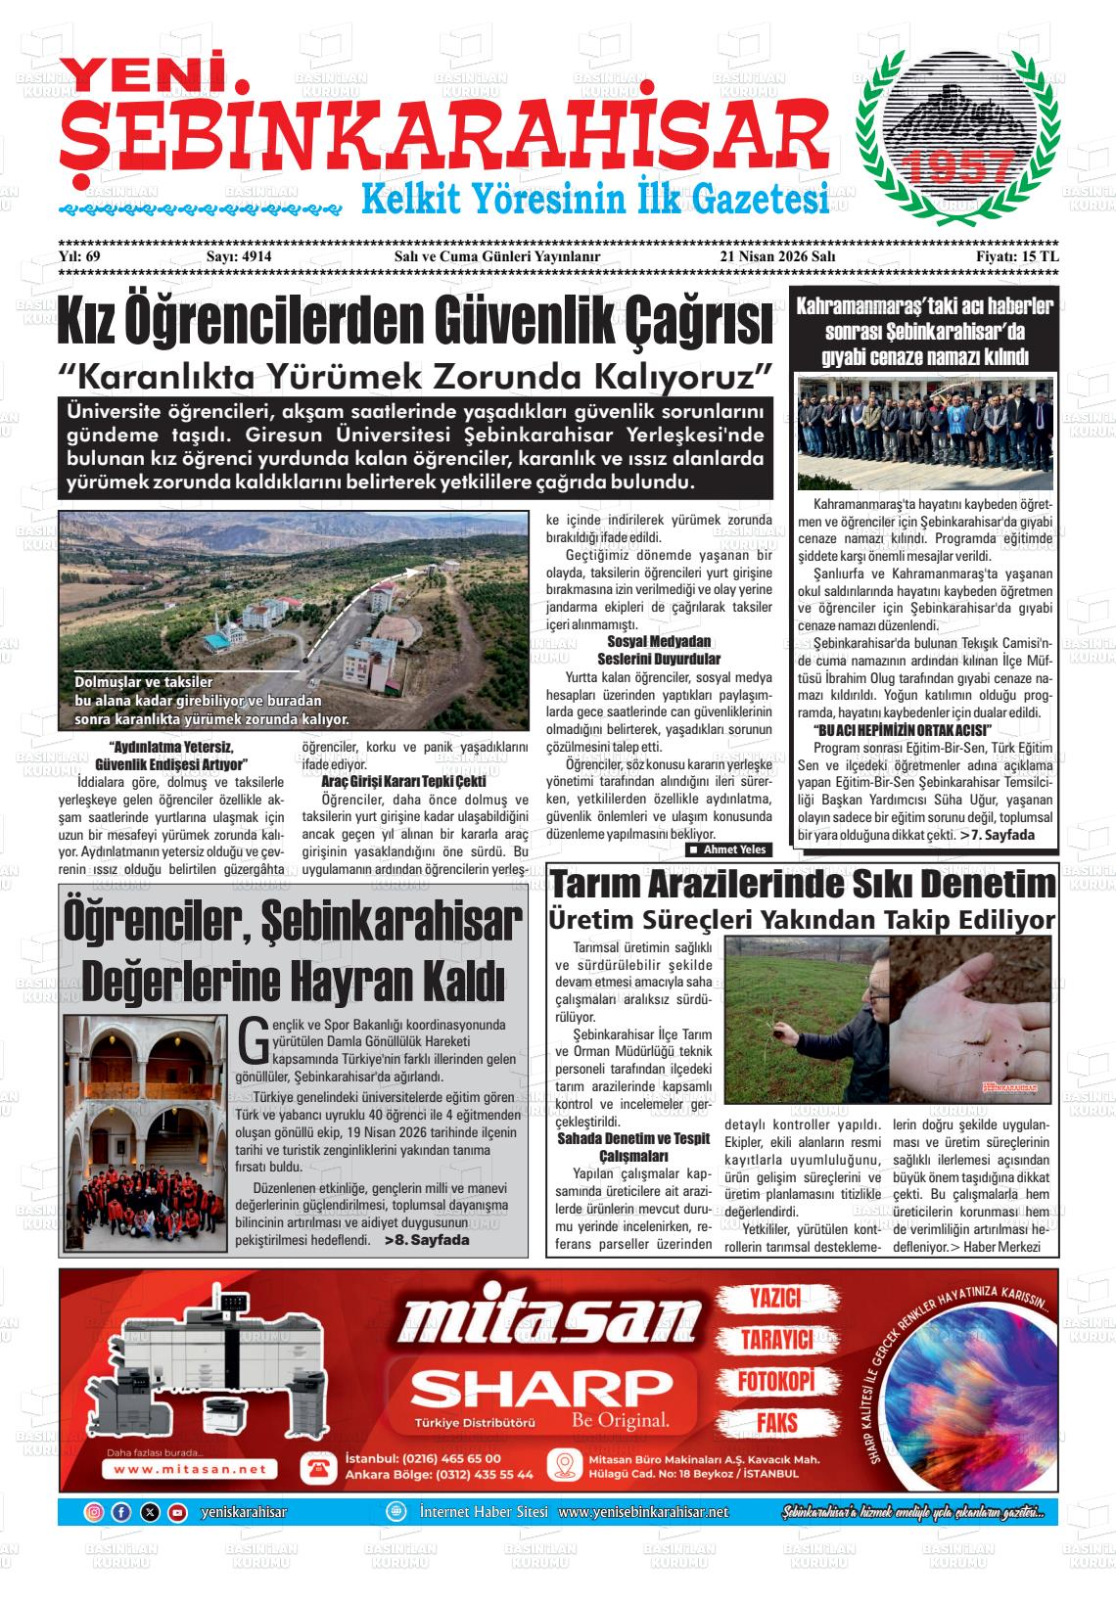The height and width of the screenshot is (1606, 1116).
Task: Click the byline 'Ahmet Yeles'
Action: click(x=734, y=849)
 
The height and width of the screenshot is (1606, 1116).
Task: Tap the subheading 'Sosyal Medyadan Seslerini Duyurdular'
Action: click(x=658, y=651)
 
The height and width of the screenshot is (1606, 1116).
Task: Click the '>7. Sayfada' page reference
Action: click(x=1002, y=835)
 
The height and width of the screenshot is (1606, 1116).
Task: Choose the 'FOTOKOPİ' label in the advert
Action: click(x=775, y=1381)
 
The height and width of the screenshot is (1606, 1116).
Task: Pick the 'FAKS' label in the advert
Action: click(x=775, y=1422)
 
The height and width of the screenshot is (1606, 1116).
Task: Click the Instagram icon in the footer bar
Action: click(x=94, y=1512)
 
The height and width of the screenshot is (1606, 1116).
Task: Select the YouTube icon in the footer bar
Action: click(x=177, y=1512)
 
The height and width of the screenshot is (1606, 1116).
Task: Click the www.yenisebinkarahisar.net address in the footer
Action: click(x=643, y=1512)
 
